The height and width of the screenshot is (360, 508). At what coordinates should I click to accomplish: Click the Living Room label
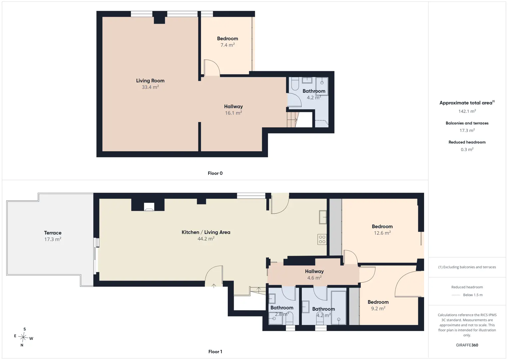click(x=150, y=81)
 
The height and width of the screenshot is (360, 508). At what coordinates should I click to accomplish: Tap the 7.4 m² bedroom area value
click(x=227, y=45)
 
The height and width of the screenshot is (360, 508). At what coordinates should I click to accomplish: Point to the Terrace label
click(x=53, y=233)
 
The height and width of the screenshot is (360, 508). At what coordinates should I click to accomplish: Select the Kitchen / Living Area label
click(x=206, y=232)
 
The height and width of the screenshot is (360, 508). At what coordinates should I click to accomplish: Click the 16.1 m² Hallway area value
click(x=233, y=113)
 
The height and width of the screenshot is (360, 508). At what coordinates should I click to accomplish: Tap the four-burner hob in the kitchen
click(x=322, y=239)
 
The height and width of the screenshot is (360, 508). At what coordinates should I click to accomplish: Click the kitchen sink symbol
click(x=323, y=217)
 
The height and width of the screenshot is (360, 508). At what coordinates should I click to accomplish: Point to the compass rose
click(x=23, y=337)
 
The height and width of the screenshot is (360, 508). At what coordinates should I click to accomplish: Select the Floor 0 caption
click(x=215, y=173)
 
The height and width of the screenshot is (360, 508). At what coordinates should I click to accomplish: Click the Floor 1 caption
click(x=215, y=352)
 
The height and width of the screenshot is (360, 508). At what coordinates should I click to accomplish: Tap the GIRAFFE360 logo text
click(x=467, y=345)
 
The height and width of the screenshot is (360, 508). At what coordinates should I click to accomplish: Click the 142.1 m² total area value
click(x=467, y=111)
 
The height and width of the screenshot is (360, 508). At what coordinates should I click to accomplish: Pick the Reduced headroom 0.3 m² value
click(x=467, y=149)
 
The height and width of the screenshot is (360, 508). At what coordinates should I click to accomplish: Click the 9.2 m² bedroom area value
click(x=378, y=308)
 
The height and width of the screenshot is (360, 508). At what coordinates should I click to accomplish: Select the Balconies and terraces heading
click(x=467, y=123)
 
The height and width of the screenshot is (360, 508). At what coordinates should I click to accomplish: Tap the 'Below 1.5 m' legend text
click(x=473, y=295)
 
